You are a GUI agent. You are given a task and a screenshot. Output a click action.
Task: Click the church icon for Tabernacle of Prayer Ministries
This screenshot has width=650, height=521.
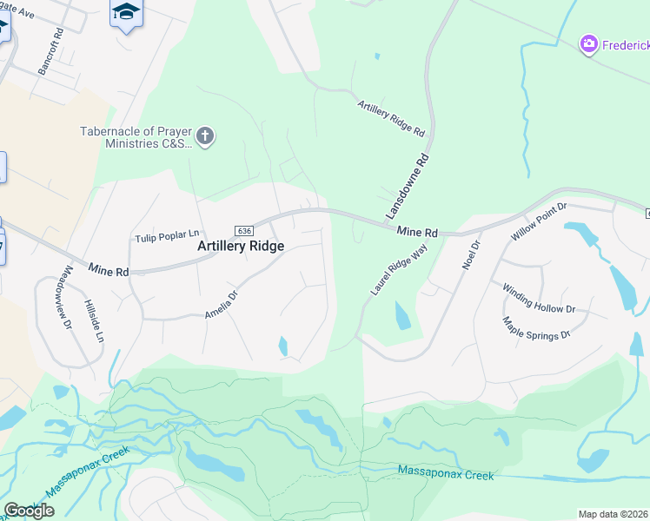(205, 136)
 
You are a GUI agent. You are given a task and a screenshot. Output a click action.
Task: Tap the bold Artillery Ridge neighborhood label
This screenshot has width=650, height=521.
(241, 247)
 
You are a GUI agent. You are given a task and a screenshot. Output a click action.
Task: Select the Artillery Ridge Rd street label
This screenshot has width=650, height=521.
(391, 119)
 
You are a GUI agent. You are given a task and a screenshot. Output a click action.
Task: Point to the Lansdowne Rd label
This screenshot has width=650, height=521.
(408, 187)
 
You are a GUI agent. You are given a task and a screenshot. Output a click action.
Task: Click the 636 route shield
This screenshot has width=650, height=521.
(243, 230)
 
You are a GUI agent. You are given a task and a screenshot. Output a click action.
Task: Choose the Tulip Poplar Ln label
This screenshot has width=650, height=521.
(168, 235)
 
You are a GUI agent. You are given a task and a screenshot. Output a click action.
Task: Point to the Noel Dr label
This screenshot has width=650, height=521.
(471, 251)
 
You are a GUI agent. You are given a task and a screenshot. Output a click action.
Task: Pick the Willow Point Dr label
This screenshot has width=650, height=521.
(539, 221)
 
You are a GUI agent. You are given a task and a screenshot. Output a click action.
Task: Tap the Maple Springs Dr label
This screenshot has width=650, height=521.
(536, 327)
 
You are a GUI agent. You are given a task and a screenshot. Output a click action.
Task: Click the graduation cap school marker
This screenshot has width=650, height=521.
(126, 12)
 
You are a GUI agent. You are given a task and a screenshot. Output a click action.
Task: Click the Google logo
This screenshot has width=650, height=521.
(29, 511)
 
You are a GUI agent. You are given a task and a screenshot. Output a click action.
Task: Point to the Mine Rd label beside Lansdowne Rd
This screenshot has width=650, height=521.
(416, 232)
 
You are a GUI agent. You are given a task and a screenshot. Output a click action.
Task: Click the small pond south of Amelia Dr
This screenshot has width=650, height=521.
(283, 346)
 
